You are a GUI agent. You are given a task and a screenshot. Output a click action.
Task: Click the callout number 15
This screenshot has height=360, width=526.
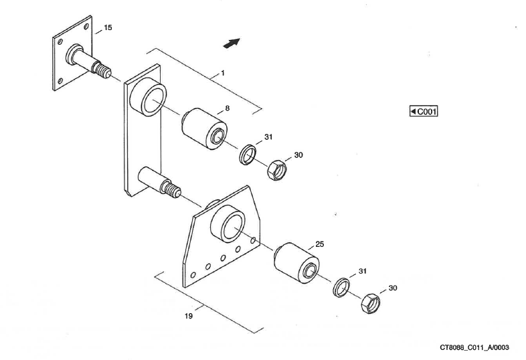(108, 27)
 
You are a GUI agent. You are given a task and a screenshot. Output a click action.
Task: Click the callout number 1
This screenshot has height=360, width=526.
(222, 72)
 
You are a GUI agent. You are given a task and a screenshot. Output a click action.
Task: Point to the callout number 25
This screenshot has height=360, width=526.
(319, 244)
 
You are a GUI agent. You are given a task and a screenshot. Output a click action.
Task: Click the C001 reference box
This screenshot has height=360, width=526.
(423, 111)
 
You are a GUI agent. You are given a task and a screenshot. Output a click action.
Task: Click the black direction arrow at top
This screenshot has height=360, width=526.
(231, 43)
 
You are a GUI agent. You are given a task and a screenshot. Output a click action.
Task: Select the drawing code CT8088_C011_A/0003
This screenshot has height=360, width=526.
(474, 347)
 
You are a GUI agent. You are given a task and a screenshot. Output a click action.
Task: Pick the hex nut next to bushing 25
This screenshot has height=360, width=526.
(369, 303)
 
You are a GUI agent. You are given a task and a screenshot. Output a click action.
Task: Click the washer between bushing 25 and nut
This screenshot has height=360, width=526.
(342, 286)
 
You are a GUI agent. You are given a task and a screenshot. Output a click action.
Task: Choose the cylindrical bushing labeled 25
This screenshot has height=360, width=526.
(297, 262)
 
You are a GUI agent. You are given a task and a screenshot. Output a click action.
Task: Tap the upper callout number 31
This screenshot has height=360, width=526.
(268, 137)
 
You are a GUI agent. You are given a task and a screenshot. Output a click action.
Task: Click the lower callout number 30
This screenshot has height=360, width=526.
(392, 288)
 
